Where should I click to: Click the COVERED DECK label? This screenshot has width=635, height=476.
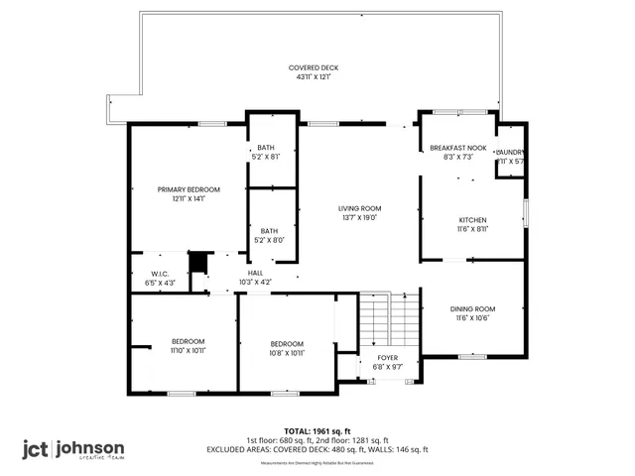(x=314, y=67)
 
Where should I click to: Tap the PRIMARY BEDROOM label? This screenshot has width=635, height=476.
(x=189, y=189)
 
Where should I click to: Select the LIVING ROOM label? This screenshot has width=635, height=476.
(x=360, y=208)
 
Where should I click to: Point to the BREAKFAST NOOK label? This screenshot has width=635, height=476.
(x=457, y=148)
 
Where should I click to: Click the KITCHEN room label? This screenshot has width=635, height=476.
(x=472, y=220)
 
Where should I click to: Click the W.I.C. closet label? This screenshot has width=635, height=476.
(x=163, y=273)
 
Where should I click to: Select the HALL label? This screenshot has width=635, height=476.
(x=255, y=273)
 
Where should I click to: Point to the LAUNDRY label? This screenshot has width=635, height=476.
(x=510, y=152)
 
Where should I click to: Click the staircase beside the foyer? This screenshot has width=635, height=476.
(x=376, y=317)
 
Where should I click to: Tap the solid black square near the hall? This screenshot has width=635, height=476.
(x=196, y=262)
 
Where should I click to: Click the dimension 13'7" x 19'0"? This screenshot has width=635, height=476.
(x=360, y=218)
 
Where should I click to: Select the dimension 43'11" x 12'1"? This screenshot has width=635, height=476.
(x=314, y=76)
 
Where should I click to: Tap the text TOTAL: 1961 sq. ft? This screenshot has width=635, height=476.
(x=317, y=431)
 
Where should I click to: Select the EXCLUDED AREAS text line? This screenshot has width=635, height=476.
(x=317, y=449)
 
